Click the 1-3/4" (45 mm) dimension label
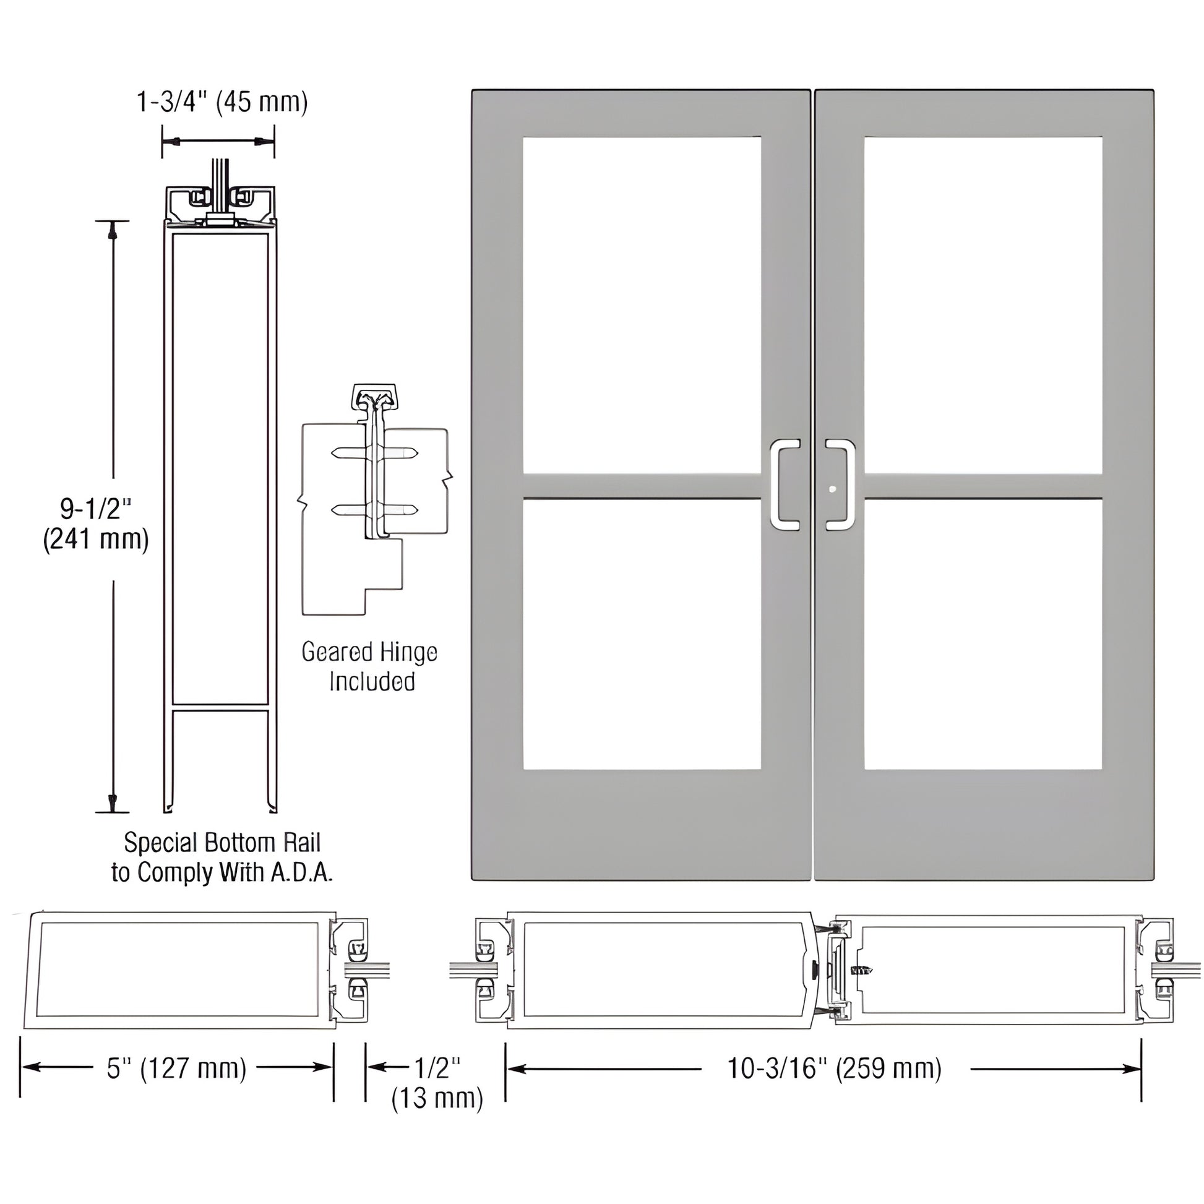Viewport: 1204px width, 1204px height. click(x=222, y=101)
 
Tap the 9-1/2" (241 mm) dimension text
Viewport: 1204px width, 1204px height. click(x=96, y=523)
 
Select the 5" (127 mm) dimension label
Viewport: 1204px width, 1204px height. click(x=176, y=1068)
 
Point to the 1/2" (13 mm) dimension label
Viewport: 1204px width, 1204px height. click(x=437, y=1083)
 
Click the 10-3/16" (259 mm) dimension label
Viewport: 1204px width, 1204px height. click(x=835, y=1068)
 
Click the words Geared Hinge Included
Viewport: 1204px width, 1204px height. click(x=370, y=667)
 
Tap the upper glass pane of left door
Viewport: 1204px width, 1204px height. click(x=641, y=306)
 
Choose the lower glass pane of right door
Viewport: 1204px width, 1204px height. click(x=983, y=634)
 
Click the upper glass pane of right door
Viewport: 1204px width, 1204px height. click(x=983, y=306)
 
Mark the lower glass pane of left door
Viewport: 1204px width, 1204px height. click(x=641, y=634)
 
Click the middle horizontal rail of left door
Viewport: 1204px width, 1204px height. click(x=641, y=486)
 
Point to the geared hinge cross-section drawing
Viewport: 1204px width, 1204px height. click(x=374, y=499)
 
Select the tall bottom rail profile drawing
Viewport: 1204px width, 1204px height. click(x=220, y=499)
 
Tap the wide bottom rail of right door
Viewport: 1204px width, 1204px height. click(x=983, y=823)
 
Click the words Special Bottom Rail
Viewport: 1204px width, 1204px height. click(x=222, y=843)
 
